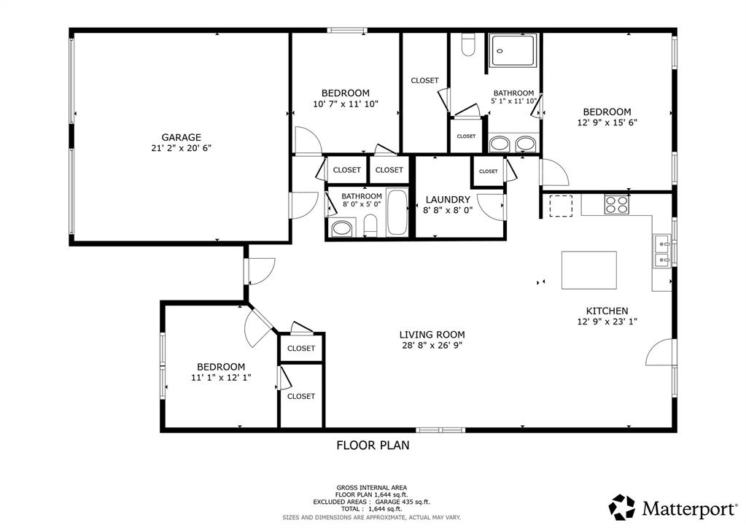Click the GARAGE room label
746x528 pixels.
181,137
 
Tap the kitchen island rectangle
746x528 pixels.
588,269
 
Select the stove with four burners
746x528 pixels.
616,205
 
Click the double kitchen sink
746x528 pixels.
662,251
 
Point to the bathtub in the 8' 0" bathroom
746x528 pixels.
397,212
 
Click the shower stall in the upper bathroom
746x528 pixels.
513,50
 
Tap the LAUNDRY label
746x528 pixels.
448,199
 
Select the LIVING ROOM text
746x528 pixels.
432,335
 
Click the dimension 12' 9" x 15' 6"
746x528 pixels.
607,123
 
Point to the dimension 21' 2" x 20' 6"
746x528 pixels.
181,148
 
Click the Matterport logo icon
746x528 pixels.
622,506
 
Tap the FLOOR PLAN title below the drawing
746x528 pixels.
373,445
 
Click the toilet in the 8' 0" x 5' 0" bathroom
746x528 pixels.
370,225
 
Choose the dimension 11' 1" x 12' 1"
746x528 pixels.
221,378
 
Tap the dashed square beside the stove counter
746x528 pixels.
561,206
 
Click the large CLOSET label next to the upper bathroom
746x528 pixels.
424,80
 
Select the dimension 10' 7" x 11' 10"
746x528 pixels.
346,104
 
